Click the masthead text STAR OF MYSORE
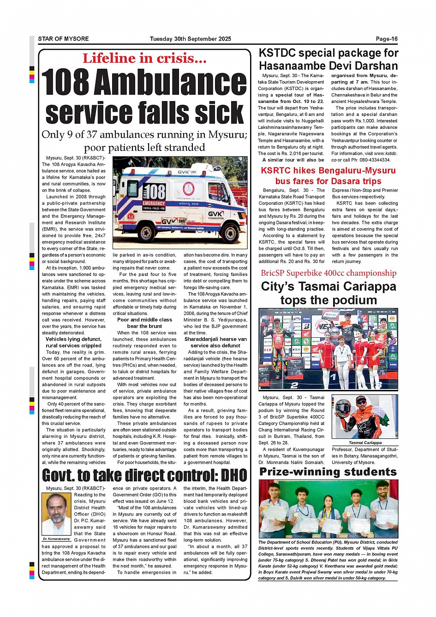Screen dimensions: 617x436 point(63,39)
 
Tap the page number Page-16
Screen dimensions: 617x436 point(387,39)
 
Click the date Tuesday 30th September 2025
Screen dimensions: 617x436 point(190,39)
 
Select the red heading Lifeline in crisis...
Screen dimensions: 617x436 point(144,58)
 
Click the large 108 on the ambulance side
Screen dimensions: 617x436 point(154,192)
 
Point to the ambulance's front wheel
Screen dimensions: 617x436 point(226,231)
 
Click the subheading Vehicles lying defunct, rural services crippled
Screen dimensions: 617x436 point(73,342)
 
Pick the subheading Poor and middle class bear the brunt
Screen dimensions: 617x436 point(144,323)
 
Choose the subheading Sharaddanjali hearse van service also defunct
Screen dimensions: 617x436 point(215,342)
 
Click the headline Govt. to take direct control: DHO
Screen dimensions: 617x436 point(144,475)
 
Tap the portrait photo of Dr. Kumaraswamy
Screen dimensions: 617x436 point(56,514)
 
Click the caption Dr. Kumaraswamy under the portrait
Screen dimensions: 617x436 point(56,539)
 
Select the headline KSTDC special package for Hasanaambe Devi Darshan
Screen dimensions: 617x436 point(328,60)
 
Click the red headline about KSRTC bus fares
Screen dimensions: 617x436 point(328,176)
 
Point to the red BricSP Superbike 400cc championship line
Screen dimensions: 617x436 point(328,273)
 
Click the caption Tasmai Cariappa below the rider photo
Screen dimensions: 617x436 point(365,443)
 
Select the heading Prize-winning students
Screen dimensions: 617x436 point(328,472)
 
